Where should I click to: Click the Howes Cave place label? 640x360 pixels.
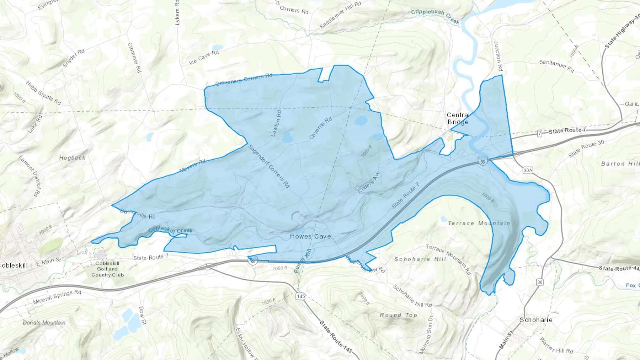[310, 236]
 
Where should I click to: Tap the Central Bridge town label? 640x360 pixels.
[458, 118]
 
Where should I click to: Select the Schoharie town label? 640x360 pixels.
[536, 320]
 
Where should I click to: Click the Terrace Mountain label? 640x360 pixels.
[479, 223]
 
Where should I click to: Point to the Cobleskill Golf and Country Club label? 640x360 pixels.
[107, 269]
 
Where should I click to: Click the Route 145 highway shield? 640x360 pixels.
[300, 296]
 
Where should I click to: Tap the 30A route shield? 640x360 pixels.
[528, 171]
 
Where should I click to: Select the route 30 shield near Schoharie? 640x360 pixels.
[540, 282]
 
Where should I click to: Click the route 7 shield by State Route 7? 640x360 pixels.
[540, 133]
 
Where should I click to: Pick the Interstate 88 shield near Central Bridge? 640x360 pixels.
[482, 162]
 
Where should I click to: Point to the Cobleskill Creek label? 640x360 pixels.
[170, 230]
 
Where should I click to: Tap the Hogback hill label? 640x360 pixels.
[72, 157]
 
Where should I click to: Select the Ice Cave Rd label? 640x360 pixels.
[204, 58]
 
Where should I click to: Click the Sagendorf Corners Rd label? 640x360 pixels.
[269, 166]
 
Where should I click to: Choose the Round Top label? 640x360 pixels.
[398, 315]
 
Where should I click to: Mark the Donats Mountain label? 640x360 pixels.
[44, 323]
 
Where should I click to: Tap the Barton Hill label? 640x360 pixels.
[620, 164]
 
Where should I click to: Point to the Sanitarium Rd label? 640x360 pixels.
[556, 66]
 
